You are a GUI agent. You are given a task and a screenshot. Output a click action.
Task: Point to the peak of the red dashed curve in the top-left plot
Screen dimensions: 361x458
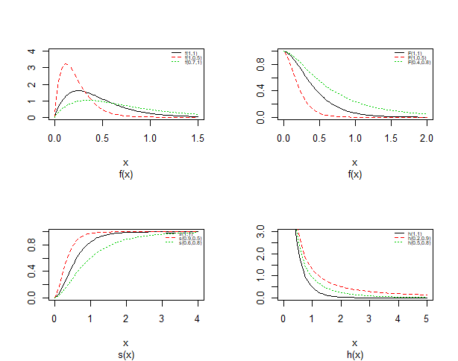click(66, 64)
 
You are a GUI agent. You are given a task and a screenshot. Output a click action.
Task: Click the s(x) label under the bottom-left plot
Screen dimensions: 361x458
click(125, 355)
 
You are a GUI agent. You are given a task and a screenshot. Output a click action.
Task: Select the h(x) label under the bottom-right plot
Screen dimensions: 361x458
click(354, 355)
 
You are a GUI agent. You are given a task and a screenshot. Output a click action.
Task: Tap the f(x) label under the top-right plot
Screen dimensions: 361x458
click(354, 175)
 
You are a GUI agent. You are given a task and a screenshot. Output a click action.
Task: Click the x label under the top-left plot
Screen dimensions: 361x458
click(125, 163)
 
